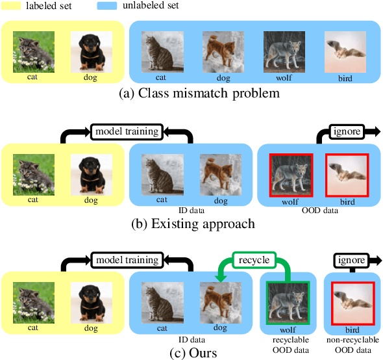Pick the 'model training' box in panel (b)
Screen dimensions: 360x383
[x=127, y=132]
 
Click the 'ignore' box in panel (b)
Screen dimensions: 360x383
[x=345, y=132]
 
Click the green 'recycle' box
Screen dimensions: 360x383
[x=253, y=261]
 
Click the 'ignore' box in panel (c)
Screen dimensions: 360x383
[x=350, y=261]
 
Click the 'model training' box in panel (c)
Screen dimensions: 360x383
[x=127, y=261]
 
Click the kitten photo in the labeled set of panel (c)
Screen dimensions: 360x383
[x=32, y=303]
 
